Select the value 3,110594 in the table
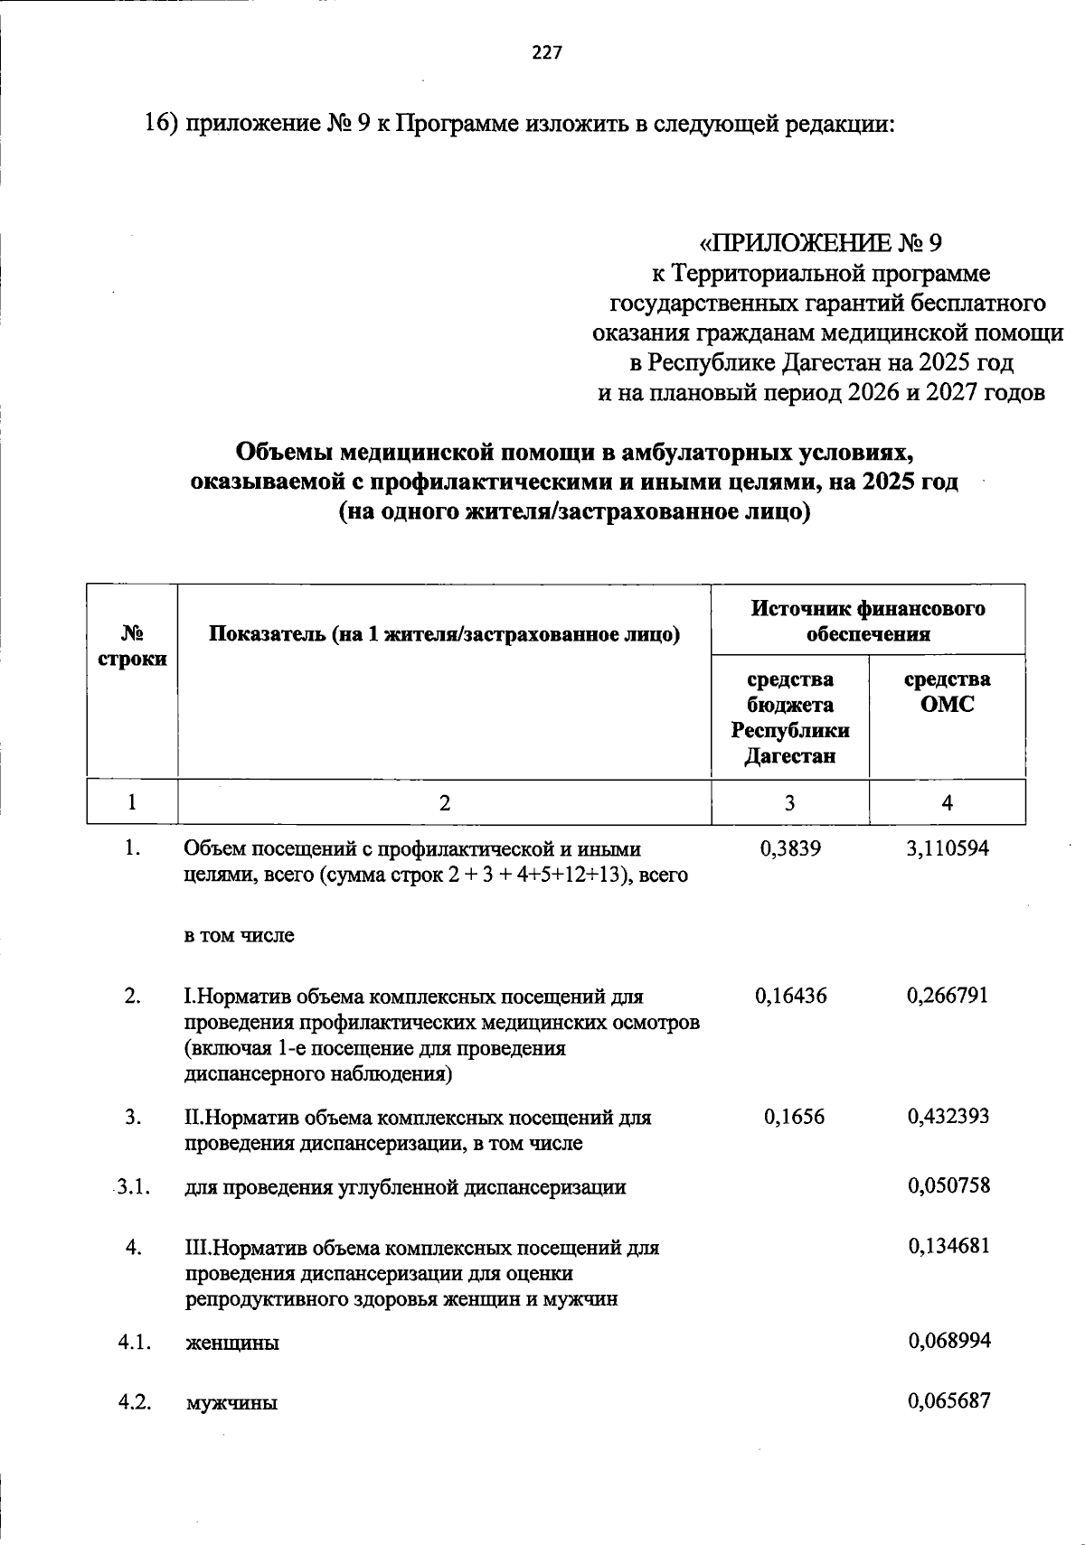click(x=948, y=848)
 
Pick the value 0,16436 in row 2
click(x=790, y=996)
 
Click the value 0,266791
click(x=948, y=996)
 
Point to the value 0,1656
click(x=794, y=1117)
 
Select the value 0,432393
click(x=948, y=1117)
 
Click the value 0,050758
click(x=948, y=1185)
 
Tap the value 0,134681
click(x=948, y=1246)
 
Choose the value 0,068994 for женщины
click(x=948, y=1341)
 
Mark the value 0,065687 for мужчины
click(x=948, y=1401)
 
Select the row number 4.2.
click(x=133, y=1402)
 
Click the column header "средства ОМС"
click(x=947, y=692)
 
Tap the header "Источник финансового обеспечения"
click(x=868, y=621)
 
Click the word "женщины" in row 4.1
click(x=232, y=1343)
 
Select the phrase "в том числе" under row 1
click(x=240, y=936)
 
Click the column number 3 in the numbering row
click(x=790, y=802)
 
